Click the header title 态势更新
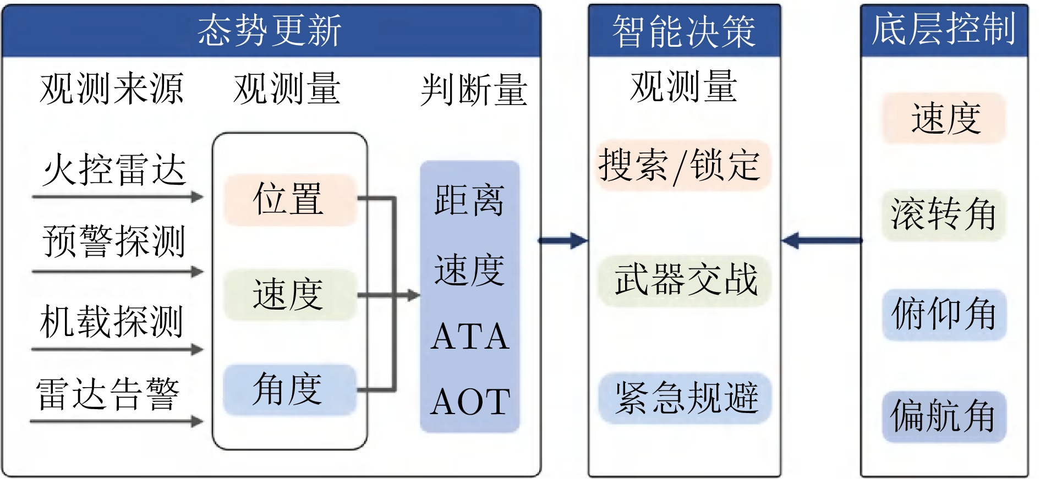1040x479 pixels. tap(270, 31)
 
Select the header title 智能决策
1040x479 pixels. tap(684, 31)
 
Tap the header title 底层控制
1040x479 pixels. tap(944, 29)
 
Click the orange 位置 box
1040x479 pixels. tap(289, 199)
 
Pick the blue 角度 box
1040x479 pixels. tap(289, 389)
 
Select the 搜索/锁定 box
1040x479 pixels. tap(683, 166)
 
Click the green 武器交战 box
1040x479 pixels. tap(684, 280)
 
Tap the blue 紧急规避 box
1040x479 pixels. tap(685, 398)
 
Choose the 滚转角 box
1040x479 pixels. tap(944, 215)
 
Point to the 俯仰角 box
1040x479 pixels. tap(944, 315)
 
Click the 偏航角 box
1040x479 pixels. tap(944, 416)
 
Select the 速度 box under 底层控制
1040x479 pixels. tap(944, 118)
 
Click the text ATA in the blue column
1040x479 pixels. tap(469, 337)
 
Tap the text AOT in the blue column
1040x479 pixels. tap(469, 401)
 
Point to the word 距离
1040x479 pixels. tap(469, 200)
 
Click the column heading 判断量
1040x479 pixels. tap(474, 90)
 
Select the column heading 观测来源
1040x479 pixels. tap(112, 89)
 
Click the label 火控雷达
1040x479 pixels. tap(114, 169)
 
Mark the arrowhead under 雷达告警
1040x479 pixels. tap(198, 422)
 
